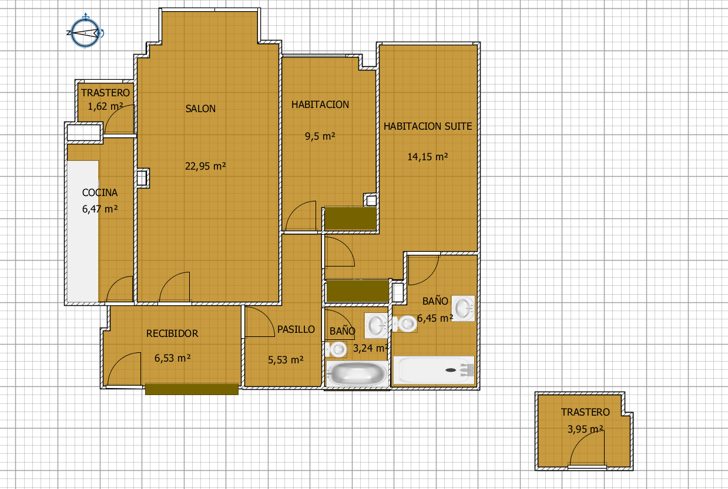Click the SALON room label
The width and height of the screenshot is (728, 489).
coord(200,109)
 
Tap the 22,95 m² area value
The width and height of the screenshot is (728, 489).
coord(206,166)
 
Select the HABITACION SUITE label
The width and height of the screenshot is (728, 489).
coord(428,126)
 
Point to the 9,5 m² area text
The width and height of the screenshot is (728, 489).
coord(320,136)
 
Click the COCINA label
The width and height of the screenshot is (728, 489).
coord(100,193)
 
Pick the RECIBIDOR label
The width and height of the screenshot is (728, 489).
coord(172,333)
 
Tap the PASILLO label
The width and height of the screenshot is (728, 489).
coord(296,329)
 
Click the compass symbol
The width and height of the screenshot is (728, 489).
coord(85,32)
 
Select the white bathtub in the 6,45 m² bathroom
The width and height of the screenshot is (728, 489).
coord(434,370)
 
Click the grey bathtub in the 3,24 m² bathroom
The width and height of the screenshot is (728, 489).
coord(357,373)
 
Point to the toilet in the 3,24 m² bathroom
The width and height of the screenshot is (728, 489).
coord(336,350)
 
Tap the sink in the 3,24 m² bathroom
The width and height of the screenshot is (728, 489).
coord(376,325)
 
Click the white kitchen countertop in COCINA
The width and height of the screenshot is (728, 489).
coord(83,231)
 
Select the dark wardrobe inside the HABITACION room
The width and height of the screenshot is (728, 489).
coord(351,218)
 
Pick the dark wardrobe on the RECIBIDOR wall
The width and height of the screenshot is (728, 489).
coord(192,389)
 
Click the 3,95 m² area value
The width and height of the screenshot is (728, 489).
coord(585,429)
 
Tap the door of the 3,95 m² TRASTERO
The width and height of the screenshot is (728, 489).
coord(587,450)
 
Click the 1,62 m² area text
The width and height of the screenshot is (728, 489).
coord(105,106)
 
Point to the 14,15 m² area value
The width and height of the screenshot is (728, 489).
coord(428,157)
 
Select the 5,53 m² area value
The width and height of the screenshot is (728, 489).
coord(286,360)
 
